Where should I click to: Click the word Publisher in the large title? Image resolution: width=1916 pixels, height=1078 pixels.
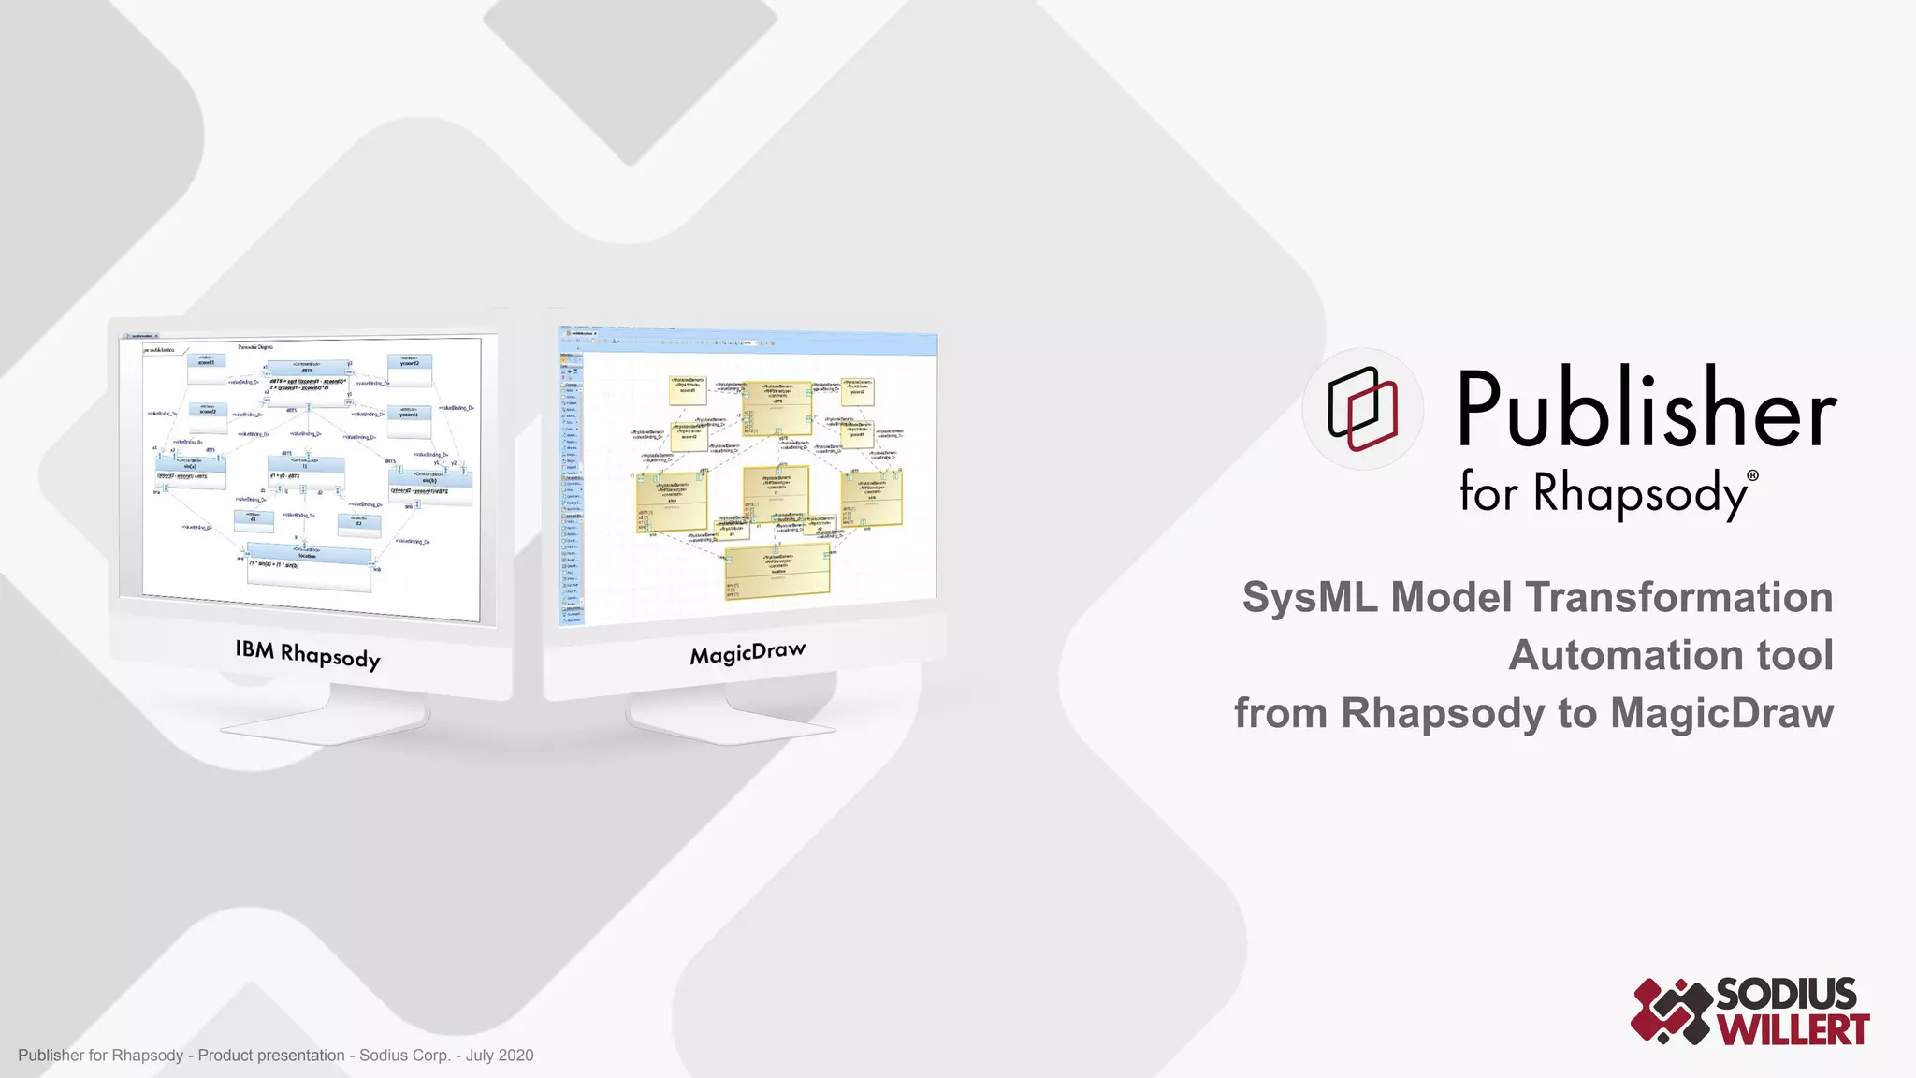tap(1647, 409)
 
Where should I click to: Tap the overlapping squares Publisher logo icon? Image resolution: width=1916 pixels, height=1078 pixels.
tap(1363, 409)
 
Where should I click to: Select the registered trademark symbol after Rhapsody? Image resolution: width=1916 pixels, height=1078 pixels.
tap(1752, 475)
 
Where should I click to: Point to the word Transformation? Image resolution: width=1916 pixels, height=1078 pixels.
tap(1679, 597)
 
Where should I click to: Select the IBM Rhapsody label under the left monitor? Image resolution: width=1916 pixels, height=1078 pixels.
tap(308, 653)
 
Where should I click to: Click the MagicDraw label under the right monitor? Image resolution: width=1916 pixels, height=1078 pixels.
tap(748, 653)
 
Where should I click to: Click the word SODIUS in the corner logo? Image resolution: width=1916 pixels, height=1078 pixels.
tap(1786, 994)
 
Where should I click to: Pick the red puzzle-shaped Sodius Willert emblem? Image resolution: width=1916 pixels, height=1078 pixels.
tap(1671, 1011)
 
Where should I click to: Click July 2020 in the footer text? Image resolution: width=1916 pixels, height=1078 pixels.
tap(500, 1056)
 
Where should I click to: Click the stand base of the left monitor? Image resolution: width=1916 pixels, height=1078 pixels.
tap(323, 725)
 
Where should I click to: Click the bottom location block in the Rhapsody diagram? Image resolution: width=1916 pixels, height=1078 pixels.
tap(309, 565)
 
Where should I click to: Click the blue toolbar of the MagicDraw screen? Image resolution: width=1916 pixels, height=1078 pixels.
tap(748, 342)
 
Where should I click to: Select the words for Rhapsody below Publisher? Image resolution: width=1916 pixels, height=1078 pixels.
tap(1603, 492)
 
